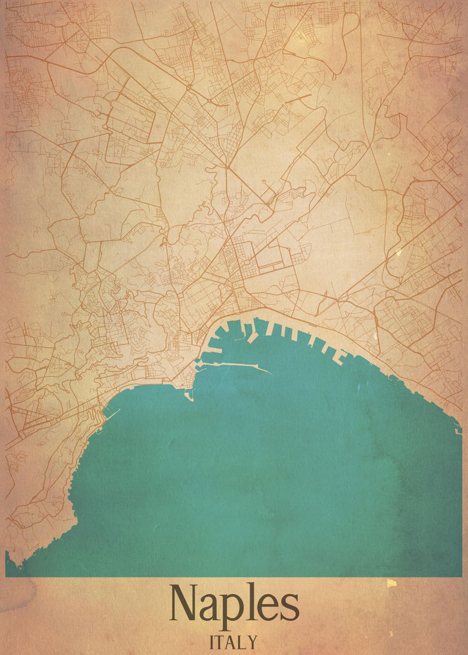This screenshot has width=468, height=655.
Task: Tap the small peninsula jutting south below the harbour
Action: tap(189, 394)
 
